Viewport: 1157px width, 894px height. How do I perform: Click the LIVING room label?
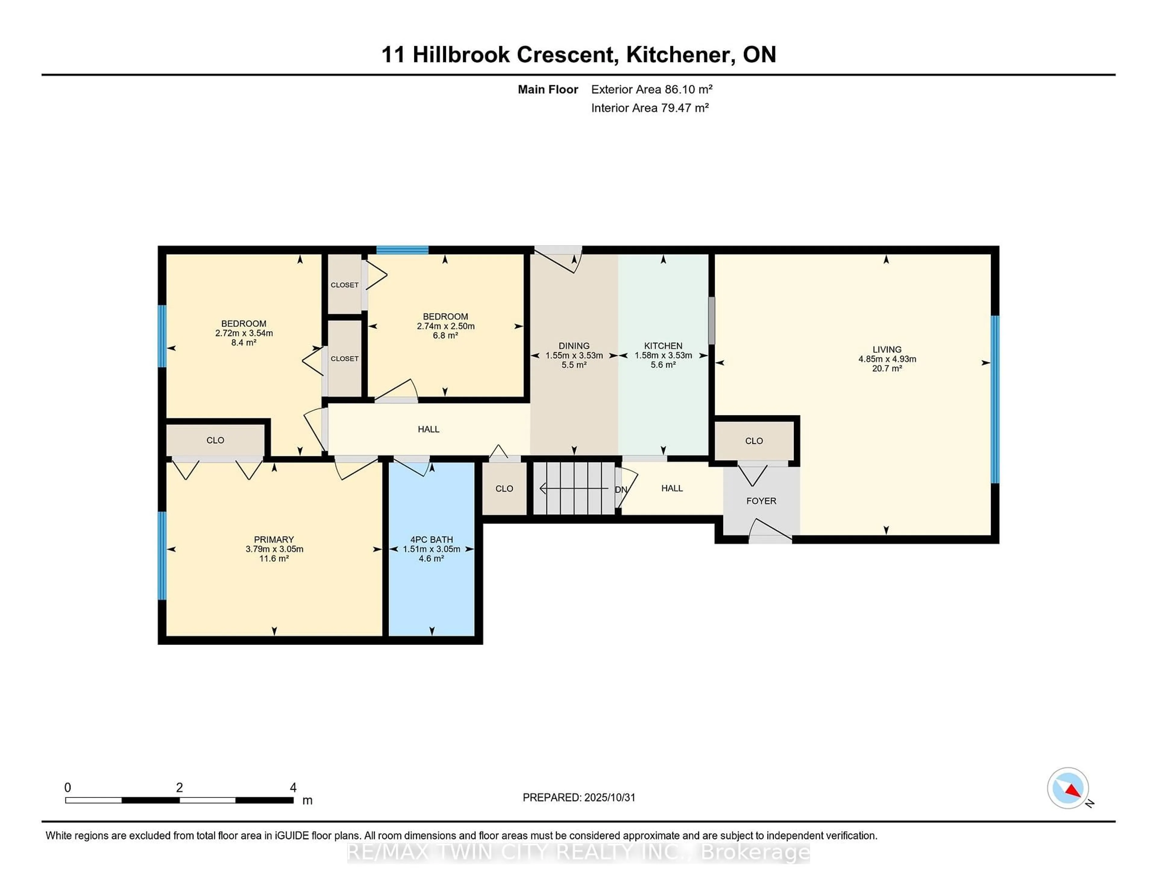click(x=887, y=349)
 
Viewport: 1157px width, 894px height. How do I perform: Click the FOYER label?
click(x=761, y=501)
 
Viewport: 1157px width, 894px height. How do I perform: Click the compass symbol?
click(x=1068, y=788)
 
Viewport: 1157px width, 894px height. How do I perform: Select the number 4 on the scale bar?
click(x=293, y=788)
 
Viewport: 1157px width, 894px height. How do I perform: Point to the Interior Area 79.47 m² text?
click(x=650, y=108)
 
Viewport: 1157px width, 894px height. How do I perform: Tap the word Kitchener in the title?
click(x=680, y=55)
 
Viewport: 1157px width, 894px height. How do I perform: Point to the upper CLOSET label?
click(x=344, y=285)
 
